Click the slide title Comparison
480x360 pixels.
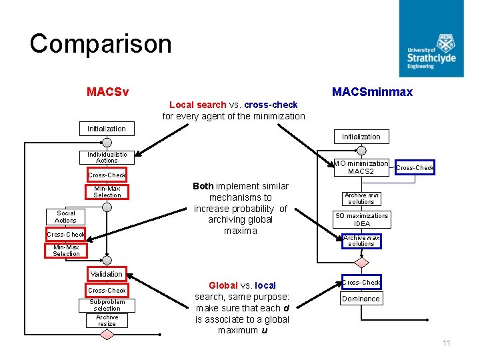[101, 44]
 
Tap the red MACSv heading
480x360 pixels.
[107, 91]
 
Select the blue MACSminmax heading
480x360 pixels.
[372, 92]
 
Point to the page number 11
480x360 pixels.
[446, 343]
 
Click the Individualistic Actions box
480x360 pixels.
[107, 157]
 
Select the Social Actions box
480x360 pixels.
[65, 217]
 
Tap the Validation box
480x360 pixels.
[107, 274]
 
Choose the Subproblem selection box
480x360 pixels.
[107, 305]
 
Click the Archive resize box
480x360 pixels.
[107, 321]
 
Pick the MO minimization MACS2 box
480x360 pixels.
[361, 167]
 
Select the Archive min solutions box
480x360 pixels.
[361, 199]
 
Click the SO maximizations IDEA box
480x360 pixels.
[361, 219]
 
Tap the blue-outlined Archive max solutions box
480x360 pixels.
[361, 241]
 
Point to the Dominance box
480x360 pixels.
[361, 299]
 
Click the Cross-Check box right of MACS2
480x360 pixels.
[415, 167]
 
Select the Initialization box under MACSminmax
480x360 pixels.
[361, 137]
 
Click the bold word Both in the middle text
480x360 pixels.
[203, 186]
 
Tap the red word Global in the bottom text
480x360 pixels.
[223, 285]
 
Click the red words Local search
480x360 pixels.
[197, 105]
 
